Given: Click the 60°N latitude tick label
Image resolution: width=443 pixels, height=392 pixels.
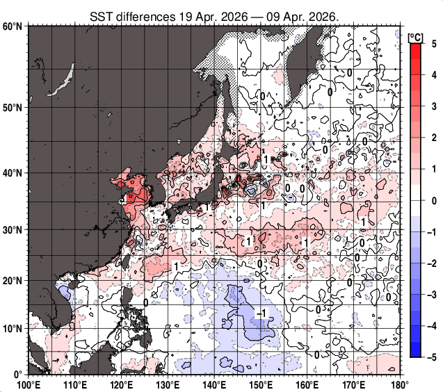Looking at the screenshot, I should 13,26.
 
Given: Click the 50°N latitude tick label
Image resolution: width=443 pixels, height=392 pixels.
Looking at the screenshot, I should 13,108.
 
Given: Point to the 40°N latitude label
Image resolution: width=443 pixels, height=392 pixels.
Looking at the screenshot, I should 13,173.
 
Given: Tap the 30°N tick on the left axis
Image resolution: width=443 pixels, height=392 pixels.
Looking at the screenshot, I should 13,230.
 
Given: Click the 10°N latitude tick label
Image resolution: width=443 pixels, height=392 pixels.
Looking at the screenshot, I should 13,328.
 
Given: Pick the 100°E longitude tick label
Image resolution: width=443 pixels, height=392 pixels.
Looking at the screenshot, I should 28,384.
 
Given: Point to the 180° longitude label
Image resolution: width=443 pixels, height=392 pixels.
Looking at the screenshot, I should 399,384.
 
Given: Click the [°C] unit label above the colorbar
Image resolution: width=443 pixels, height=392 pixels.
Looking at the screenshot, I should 416,36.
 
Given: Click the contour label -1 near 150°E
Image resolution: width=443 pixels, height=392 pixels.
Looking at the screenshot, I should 260,314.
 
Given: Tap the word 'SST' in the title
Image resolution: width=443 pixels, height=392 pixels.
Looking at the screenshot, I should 101,15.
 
